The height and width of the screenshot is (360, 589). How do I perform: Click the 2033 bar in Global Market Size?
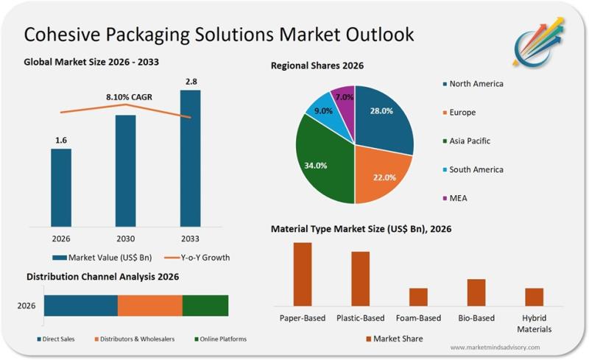(x=190, y=158)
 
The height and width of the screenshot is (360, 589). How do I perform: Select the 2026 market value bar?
(x=61, y=187)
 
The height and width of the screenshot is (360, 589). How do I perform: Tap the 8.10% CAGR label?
(x=126, y=96)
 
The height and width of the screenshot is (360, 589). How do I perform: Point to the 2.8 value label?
(x=190, y=82)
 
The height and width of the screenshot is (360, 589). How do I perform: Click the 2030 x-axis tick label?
(x=126, y=239)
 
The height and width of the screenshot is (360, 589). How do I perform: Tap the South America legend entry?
(x=476, y=169)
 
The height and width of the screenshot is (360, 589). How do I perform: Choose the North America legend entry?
(x=476, y=84)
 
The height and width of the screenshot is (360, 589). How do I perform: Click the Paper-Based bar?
(x=303, y=274)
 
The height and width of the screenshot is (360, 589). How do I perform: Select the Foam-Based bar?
(x=418, y=297)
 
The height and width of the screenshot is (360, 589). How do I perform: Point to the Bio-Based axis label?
(x=476, y=318)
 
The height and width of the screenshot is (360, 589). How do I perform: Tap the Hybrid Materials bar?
(x=534, y=297)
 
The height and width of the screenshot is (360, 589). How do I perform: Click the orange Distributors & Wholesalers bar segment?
(x=149, y=306)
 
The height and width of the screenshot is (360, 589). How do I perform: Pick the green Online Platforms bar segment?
(x=205, y=306)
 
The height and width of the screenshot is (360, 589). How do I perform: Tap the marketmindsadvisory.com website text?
(x=495, y=347)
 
